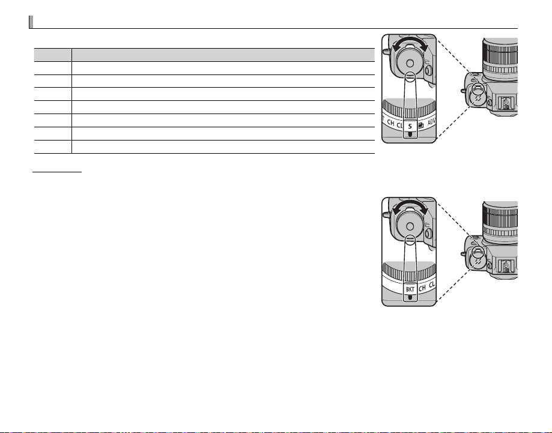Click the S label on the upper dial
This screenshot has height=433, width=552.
pyautogui.click(x=410, y=126)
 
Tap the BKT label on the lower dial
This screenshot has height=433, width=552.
pyautogui.click(x=410, y=289)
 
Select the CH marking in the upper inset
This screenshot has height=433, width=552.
pyautogui.click(x=390, y=123)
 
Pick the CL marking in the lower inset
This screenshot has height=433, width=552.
pyautogui.click(x=432, y=285)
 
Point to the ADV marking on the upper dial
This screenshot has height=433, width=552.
pyautogui.click(x=432, y=123)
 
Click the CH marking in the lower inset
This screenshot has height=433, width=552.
pyautogui.click(x=422, y=288)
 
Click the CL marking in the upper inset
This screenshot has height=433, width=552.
pyautogui.click(x=399, y=125)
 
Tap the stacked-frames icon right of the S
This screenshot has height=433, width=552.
pyautogui.click(x=420, y=125)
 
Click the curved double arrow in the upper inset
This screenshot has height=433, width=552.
pyautogui.click(x=410, y=39)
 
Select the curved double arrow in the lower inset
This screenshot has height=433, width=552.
pyautogui.click(x=410, y=202)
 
